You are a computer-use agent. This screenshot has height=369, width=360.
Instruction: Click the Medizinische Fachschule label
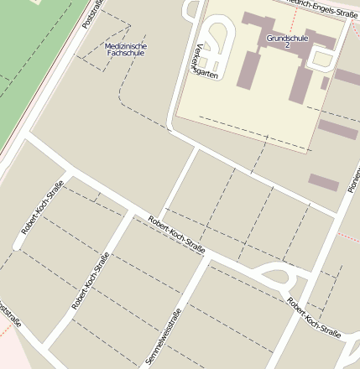coord(126,49)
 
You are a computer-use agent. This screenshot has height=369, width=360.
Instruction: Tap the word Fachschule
coord(126,53)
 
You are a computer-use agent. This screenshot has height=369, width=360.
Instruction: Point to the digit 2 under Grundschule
coord(287,46)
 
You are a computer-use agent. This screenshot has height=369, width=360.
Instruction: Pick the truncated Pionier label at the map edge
coord(352,176)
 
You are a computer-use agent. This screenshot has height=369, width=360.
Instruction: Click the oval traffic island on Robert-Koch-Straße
coord(275,273)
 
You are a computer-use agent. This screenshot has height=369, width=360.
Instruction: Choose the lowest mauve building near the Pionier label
coord(323,182)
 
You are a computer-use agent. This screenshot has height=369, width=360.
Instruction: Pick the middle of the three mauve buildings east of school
coord(337,129)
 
